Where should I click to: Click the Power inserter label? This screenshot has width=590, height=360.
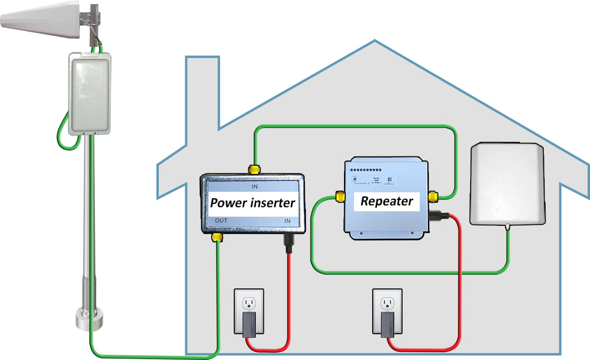[252, 202]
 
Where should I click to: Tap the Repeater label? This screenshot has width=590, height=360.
[387, 201]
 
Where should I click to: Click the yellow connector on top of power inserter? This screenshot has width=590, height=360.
[253, 169]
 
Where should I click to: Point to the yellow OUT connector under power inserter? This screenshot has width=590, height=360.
[218, 237]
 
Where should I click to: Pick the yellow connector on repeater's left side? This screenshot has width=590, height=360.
[340, 198]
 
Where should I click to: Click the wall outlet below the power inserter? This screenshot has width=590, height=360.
[248, 312]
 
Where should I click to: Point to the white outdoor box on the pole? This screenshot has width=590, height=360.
[89, 94]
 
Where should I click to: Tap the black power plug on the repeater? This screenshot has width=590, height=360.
[441, 217]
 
